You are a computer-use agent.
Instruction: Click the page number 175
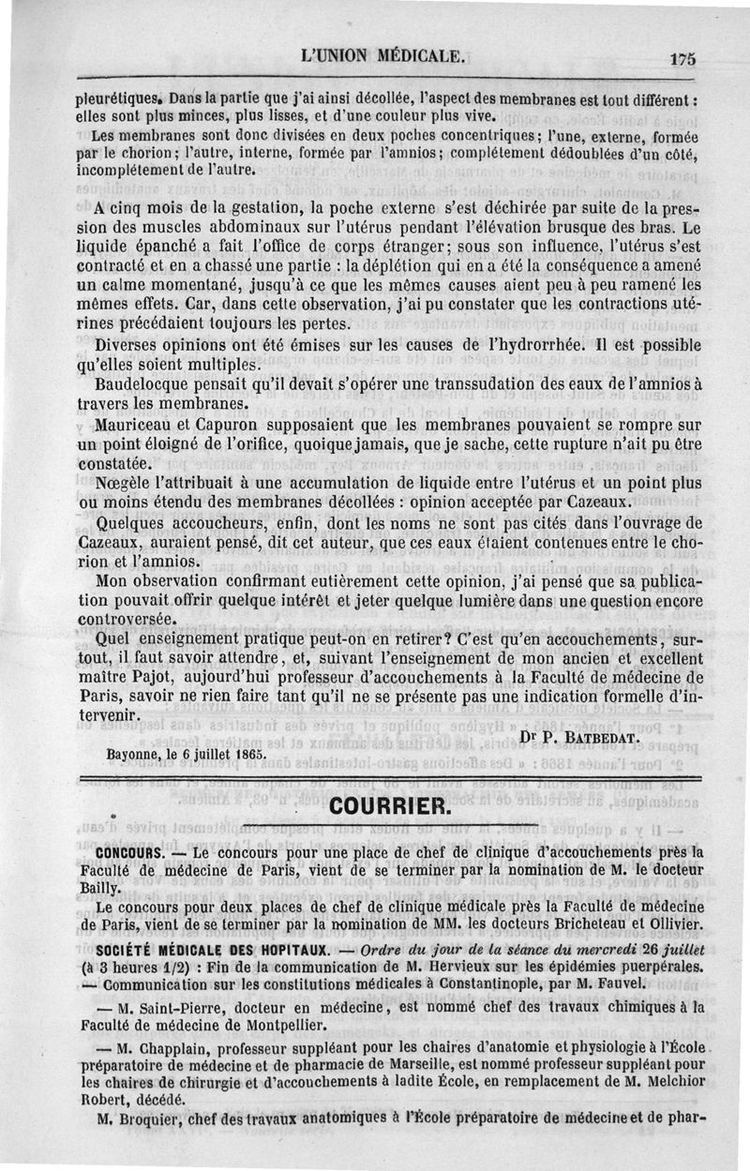pyautogui.click(x=683, y=58)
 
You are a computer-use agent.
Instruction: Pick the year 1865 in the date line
pyautogui.click(x=247, y=752)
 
